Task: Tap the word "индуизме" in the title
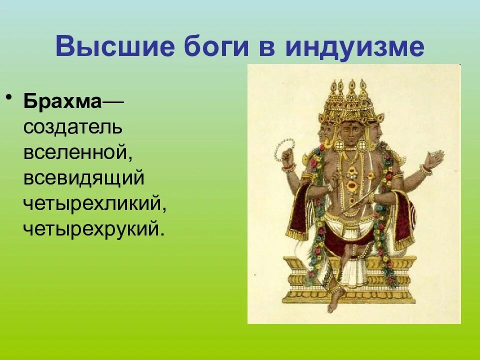[355, 47]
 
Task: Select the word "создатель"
[73, 127]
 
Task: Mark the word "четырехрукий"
[93, 229]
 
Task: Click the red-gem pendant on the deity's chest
[352, 186]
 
